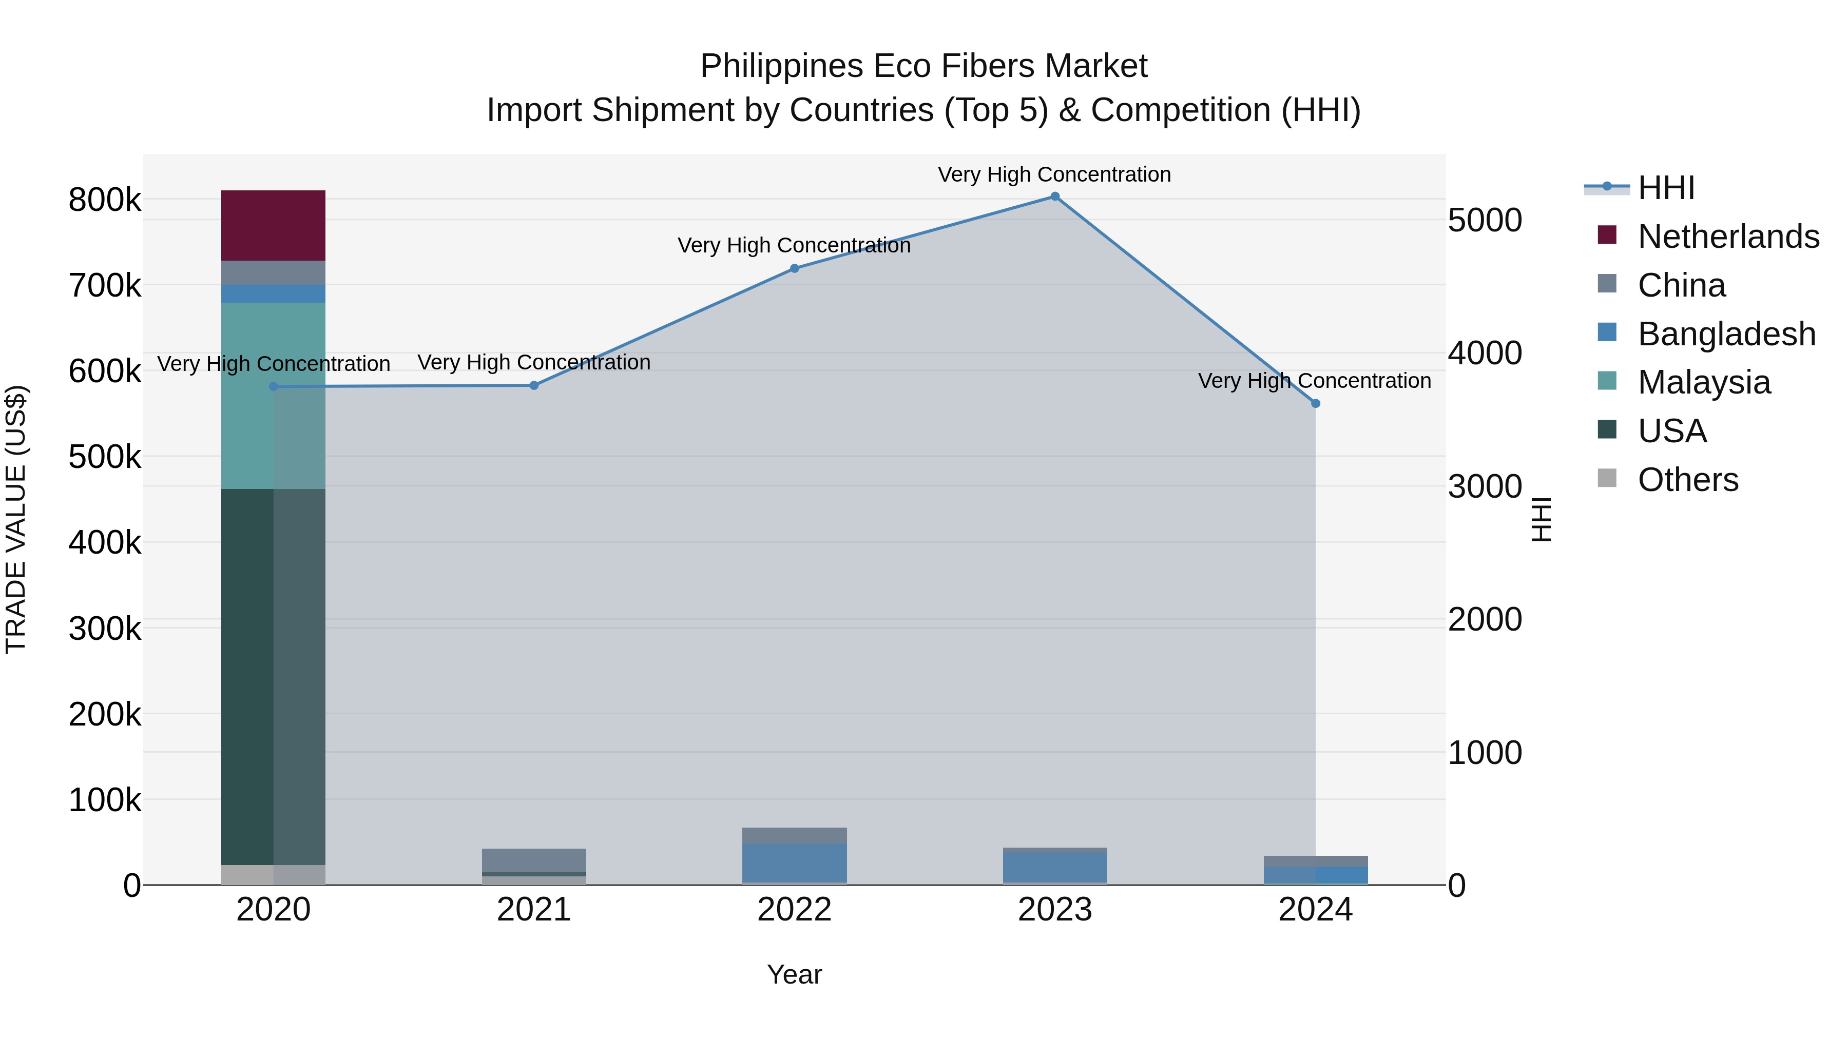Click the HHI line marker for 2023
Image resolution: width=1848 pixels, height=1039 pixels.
point(1054,197)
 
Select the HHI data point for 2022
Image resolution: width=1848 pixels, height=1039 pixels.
point(794,269)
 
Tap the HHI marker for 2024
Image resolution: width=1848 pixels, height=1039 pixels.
point(1315,404)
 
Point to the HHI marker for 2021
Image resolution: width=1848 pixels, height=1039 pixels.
point(534,386)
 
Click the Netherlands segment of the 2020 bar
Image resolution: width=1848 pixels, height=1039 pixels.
point(273,226)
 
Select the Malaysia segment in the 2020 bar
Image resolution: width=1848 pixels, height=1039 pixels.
point(273,396)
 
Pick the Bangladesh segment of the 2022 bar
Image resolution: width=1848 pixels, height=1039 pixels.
point(794,862)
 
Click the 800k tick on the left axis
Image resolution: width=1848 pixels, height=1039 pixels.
point(105,200)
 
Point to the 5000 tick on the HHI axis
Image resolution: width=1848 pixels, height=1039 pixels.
point(1484,220)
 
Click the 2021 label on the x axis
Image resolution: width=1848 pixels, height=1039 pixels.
point(534,910)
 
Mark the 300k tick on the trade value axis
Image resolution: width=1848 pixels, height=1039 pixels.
point(105,629)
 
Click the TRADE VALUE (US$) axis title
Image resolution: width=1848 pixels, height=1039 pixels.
point(16,519)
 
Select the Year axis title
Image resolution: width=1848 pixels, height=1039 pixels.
point(794,974)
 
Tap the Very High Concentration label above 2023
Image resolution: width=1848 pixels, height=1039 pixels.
point(1054,174)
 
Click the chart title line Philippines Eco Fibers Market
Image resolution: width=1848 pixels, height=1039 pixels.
point(923,66)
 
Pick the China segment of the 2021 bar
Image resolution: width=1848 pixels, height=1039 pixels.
point(534,860)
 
